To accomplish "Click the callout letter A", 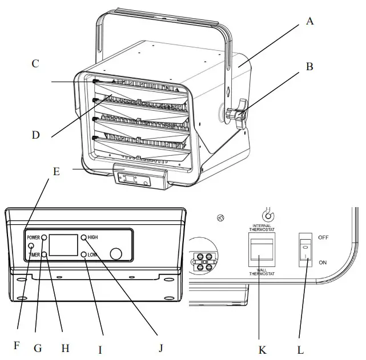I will tap(310, 22).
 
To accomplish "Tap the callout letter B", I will tap(309, 66).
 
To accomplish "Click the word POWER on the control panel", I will tap(32, 237).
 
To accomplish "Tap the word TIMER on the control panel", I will tap(32, 256).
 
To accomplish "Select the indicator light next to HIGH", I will tap(83, 237).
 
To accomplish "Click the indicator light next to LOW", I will tap(83, 254).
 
